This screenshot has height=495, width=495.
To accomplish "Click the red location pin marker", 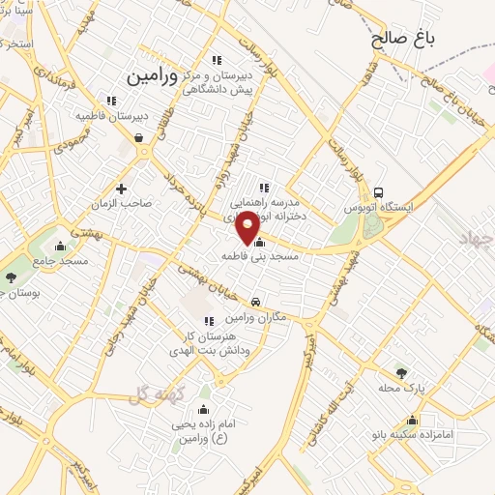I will click(x=247, y=225).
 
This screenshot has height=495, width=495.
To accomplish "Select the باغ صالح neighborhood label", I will click(x=403, y=40).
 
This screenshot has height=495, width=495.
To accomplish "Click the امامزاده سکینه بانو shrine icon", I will click(x=414, y=420).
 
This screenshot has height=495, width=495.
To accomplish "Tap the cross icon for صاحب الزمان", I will click(x=121, y=189).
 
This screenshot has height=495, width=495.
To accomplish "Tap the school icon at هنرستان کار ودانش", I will click(x=208, y=321).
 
